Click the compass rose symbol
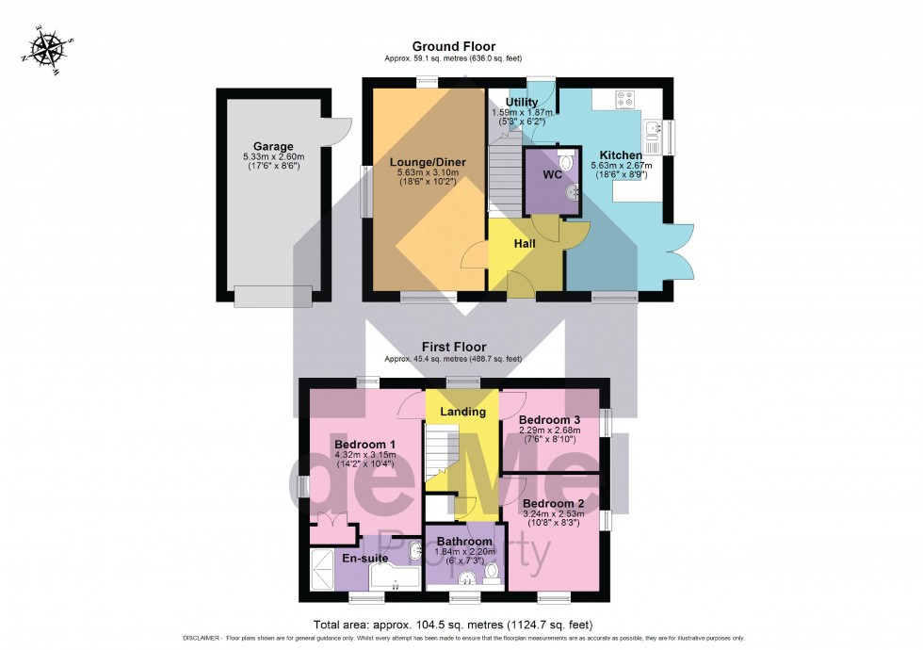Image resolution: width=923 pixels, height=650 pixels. pyautogui.click(x=44, y=46)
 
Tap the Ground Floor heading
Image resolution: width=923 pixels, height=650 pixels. pyautogui.click(x=454, y=46)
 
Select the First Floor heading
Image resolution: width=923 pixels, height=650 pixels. pyautogui.click(x=454, y=347)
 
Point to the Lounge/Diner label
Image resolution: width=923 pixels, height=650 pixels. pyautogui.click(x=429, y=162)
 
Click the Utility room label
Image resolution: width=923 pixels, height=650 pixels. pyautogui.click(x=521, y=102)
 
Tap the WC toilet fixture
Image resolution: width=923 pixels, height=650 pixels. pyautogui.click(x=565, y=163)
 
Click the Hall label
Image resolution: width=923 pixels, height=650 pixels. pyautogui.click(x=525, y=243)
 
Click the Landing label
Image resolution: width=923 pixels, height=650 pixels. pyautogui.click(x=463, y=412)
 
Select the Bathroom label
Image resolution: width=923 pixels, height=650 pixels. pyautogui.click(x=464, y=542)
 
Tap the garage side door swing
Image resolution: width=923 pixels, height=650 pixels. pyautogui.click(x=340, y=127)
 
